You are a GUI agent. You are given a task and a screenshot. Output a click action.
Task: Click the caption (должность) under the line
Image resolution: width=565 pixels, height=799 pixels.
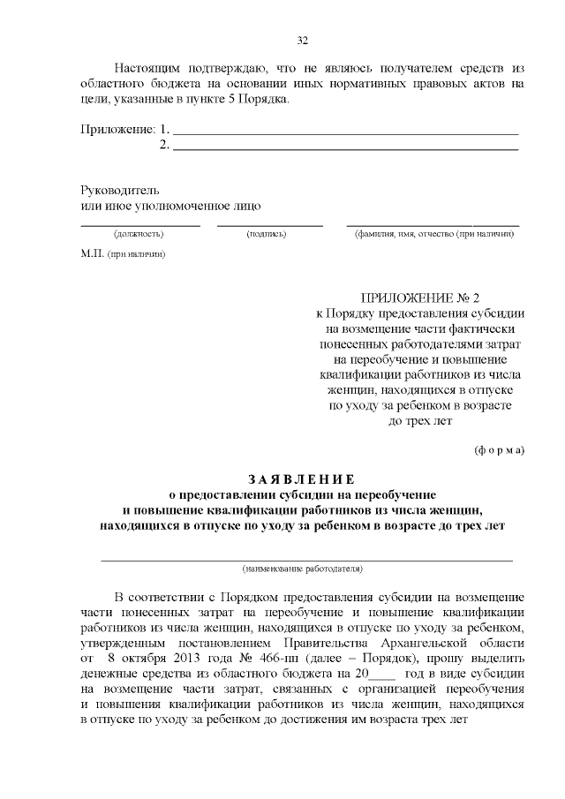tap(139, 235)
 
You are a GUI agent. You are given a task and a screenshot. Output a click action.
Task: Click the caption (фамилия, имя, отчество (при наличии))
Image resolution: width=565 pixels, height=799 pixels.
tap(433, 235)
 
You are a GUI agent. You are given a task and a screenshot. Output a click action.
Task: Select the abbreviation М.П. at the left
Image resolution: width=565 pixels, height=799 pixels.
tap(92, 254)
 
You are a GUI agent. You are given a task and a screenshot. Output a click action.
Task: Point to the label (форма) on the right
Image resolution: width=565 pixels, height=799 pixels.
tap(499, 449)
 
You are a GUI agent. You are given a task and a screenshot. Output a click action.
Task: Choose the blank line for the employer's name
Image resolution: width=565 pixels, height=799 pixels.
tap(306, 559)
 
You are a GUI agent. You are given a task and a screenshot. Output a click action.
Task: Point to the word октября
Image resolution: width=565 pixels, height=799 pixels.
tap(147, 658)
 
